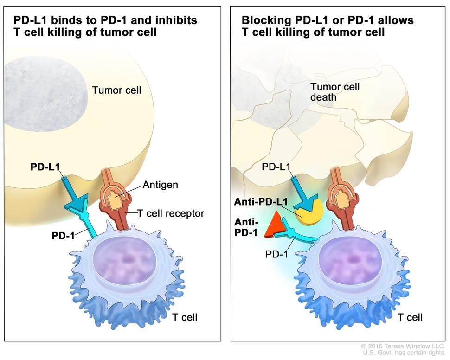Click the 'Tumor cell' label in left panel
point(116,90)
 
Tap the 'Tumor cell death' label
point(334,92)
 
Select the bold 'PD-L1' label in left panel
point(45,166)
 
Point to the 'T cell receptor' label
point(171,213)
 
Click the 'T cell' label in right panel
point(410,317)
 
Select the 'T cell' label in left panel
point(185,317)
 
